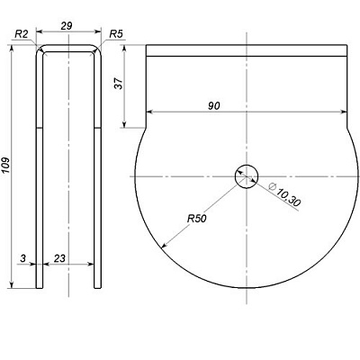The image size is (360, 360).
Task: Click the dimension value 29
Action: pos(67,26)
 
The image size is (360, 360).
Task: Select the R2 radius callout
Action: pos(22,34)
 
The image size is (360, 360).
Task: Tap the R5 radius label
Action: pos(116,34)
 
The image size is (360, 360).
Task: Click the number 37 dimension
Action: pos(119,84)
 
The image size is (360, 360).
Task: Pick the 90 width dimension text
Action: pos(214,105)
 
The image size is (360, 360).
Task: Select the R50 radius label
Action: pos(197,219)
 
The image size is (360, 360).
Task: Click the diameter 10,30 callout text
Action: pos(285,194)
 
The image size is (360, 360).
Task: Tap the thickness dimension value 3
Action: pos(22,258)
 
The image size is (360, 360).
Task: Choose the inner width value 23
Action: pos(59,258)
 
